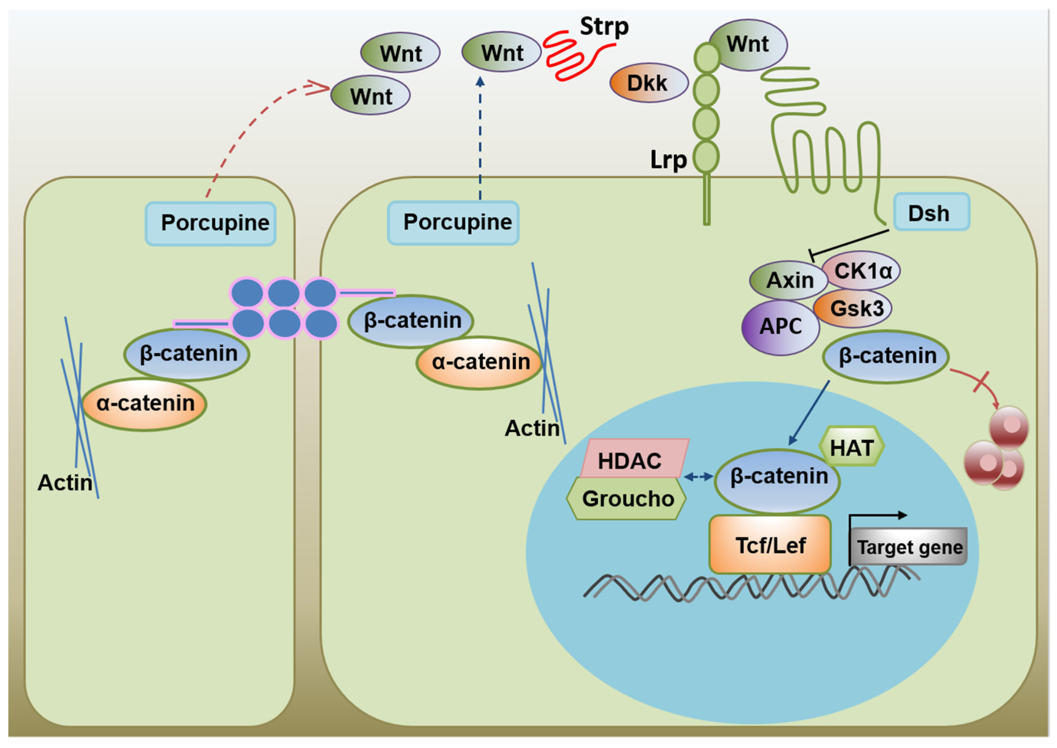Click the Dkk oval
[x=649, y=83]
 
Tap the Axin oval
[x=788, y=280]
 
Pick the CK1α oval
[x=861, y=270]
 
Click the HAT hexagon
[x=852, y=446]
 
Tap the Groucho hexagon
[x=626, y=499]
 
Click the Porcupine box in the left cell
[x=210, y=223]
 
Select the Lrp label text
[x=668, y=160]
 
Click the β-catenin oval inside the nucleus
[x=777, y=480]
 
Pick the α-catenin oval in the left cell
[x=145, y=404]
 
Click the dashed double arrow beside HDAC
[x=699, y=477]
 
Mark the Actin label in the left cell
[x=65, y=483]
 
